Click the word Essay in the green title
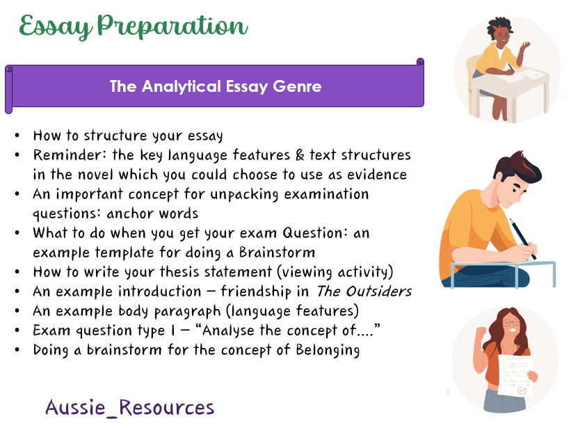[56, 26]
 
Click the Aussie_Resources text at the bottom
[130, 407]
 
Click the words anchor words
[152, 213]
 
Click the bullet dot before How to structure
[16, 135]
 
